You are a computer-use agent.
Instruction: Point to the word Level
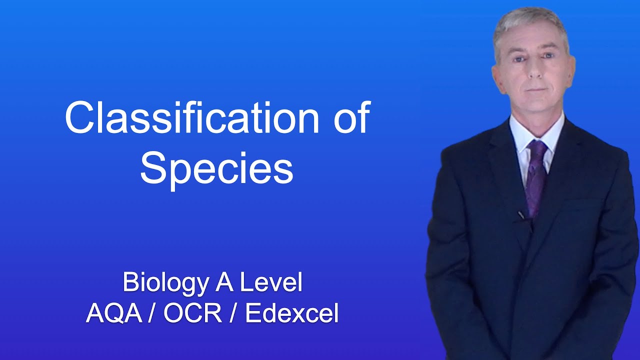click(x=271, y=283)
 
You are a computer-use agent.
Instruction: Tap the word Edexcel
click(x=292, y=314)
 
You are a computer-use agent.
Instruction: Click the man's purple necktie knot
click(x=537, y=148)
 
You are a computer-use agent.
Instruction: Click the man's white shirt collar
click(x=520, y=135)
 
